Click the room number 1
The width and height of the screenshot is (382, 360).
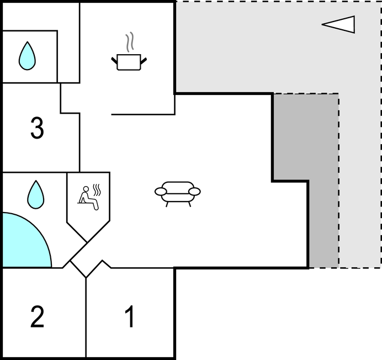(x=130, y=316)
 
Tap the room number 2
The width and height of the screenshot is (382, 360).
(x=38, y=316)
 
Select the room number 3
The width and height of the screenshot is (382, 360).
(x=37, y=128)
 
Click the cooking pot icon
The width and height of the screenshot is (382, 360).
(x=129, y=62)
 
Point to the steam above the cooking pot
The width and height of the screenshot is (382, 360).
(x=130, y=42)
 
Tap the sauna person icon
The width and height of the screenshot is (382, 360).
(x=88, y=198)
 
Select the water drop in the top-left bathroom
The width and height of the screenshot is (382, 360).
(x=27, y=56)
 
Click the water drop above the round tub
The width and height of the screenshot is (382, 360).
(x=36, y=194)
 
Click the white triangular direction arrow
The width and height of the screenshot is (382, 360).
(x=338, y=24)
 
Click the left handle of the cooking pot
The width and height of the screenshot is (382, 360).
(x=114, y=61)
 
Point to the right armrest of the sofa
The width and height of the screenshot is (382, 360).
(x=194, y=192)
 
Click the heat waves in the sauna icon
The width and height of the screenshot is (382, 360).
(x=97, y=190)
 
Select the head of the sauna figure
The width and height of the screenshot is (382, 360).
(x=86, y=189)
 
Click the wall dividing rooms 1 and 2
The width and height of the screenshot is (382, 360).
(x=86, y=317)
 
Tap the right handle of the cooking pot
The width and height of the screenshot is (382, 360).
(x=144, y=61)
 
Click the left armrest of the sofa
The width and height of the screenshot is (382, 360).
(x=161, y=192)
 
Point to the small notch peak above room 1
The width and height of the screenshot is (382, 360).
(x=103, y=260)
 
